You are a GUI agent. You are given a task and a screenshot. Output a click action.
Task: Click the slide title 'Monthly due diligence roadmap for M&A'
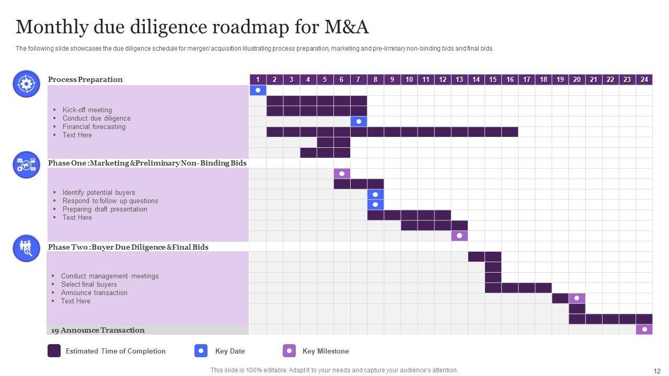pos(192,27)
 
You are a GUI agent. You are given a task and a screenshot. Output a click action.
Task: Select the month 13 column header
pos(459,79)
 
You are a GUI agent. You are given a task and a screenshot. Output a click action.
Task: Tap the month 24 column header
pos(644,79)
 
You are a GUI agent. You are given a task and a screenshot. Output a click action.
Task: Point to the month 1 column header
pos(258,79)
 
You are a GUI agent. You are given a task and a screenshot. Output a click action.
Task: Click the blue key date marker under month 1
pos(258,90)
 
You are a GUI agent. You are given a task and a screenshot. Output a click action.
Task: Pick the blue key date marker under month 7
pos(359,121)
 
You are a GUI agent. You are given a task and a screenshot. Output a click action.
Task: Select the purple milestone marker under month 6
pos(342,173)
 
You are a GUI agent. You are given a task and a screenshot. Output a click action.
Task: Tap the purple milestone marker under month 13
pos(459,236)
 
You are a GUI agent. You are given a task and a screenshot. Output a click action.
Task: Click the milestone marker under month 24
pos(644,330)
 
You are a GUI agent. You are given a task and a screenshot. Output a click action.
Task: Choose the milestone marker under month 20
pos(577,298)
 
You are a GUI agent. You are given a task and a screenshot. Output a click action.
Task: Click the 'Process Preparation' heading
pos(85,79)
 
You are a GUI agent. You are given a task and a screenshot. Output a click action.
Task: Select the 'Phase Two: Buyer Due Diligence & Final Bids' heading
pos(128,247)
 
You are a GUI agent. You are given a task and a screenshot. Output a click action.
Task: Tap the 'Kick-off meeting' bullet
pos(87,110)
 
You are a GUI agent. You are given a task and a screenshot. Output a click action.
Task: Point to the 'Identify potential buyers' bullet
pos(99,192)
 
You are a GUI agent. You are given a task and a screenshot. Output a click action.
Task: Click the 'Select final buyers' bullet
pos(89,284)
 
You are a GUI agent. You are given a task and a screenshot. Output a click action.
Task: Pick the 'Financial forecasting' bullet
pos(94,126)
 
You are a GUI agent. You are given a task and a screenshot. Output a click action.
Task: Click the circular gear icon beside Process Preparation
pos(26,84)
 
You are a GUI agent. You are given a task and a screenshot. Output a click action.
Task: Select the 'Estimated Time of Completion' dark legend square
pos(54,351)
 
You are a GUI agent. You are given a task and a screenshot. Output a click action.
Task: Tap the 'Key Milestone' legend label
pos(326,351)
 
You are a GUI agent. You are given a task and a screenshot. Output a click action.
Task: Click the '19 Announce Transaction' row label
pos(98,330)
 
